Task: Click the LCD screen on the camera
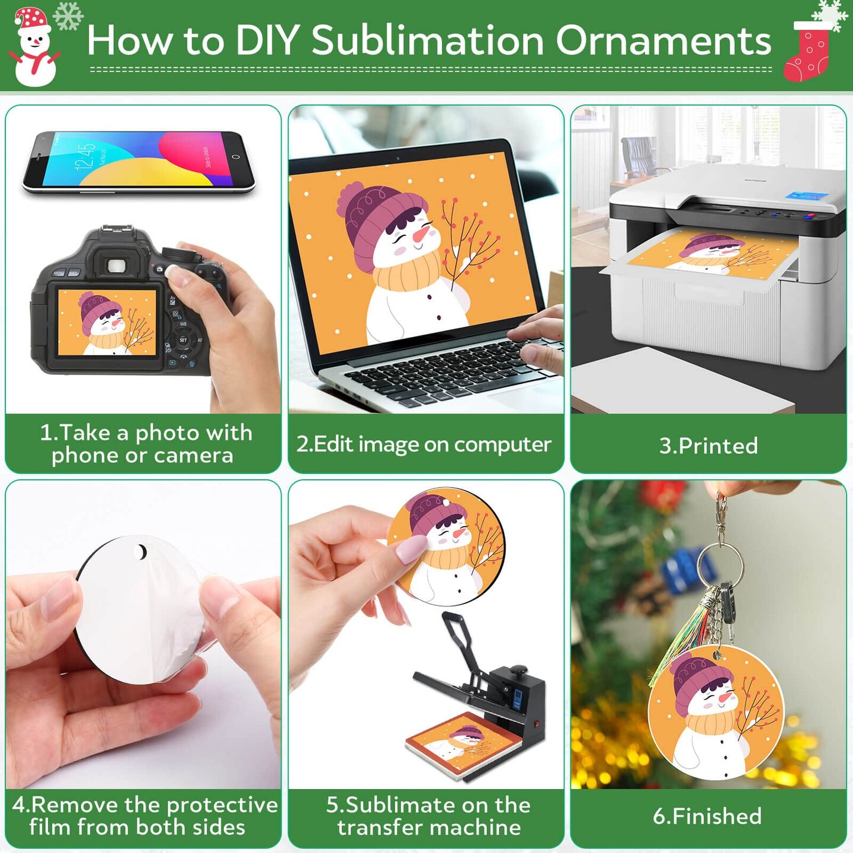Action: click(107, 322)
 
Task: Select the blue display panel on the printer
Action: click(805, 196)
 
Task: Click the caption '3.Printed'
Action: click(708, 445)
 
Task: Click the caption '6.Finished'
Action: click(707, 816)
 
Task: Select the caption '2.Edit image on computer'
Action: click(424, 444)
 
